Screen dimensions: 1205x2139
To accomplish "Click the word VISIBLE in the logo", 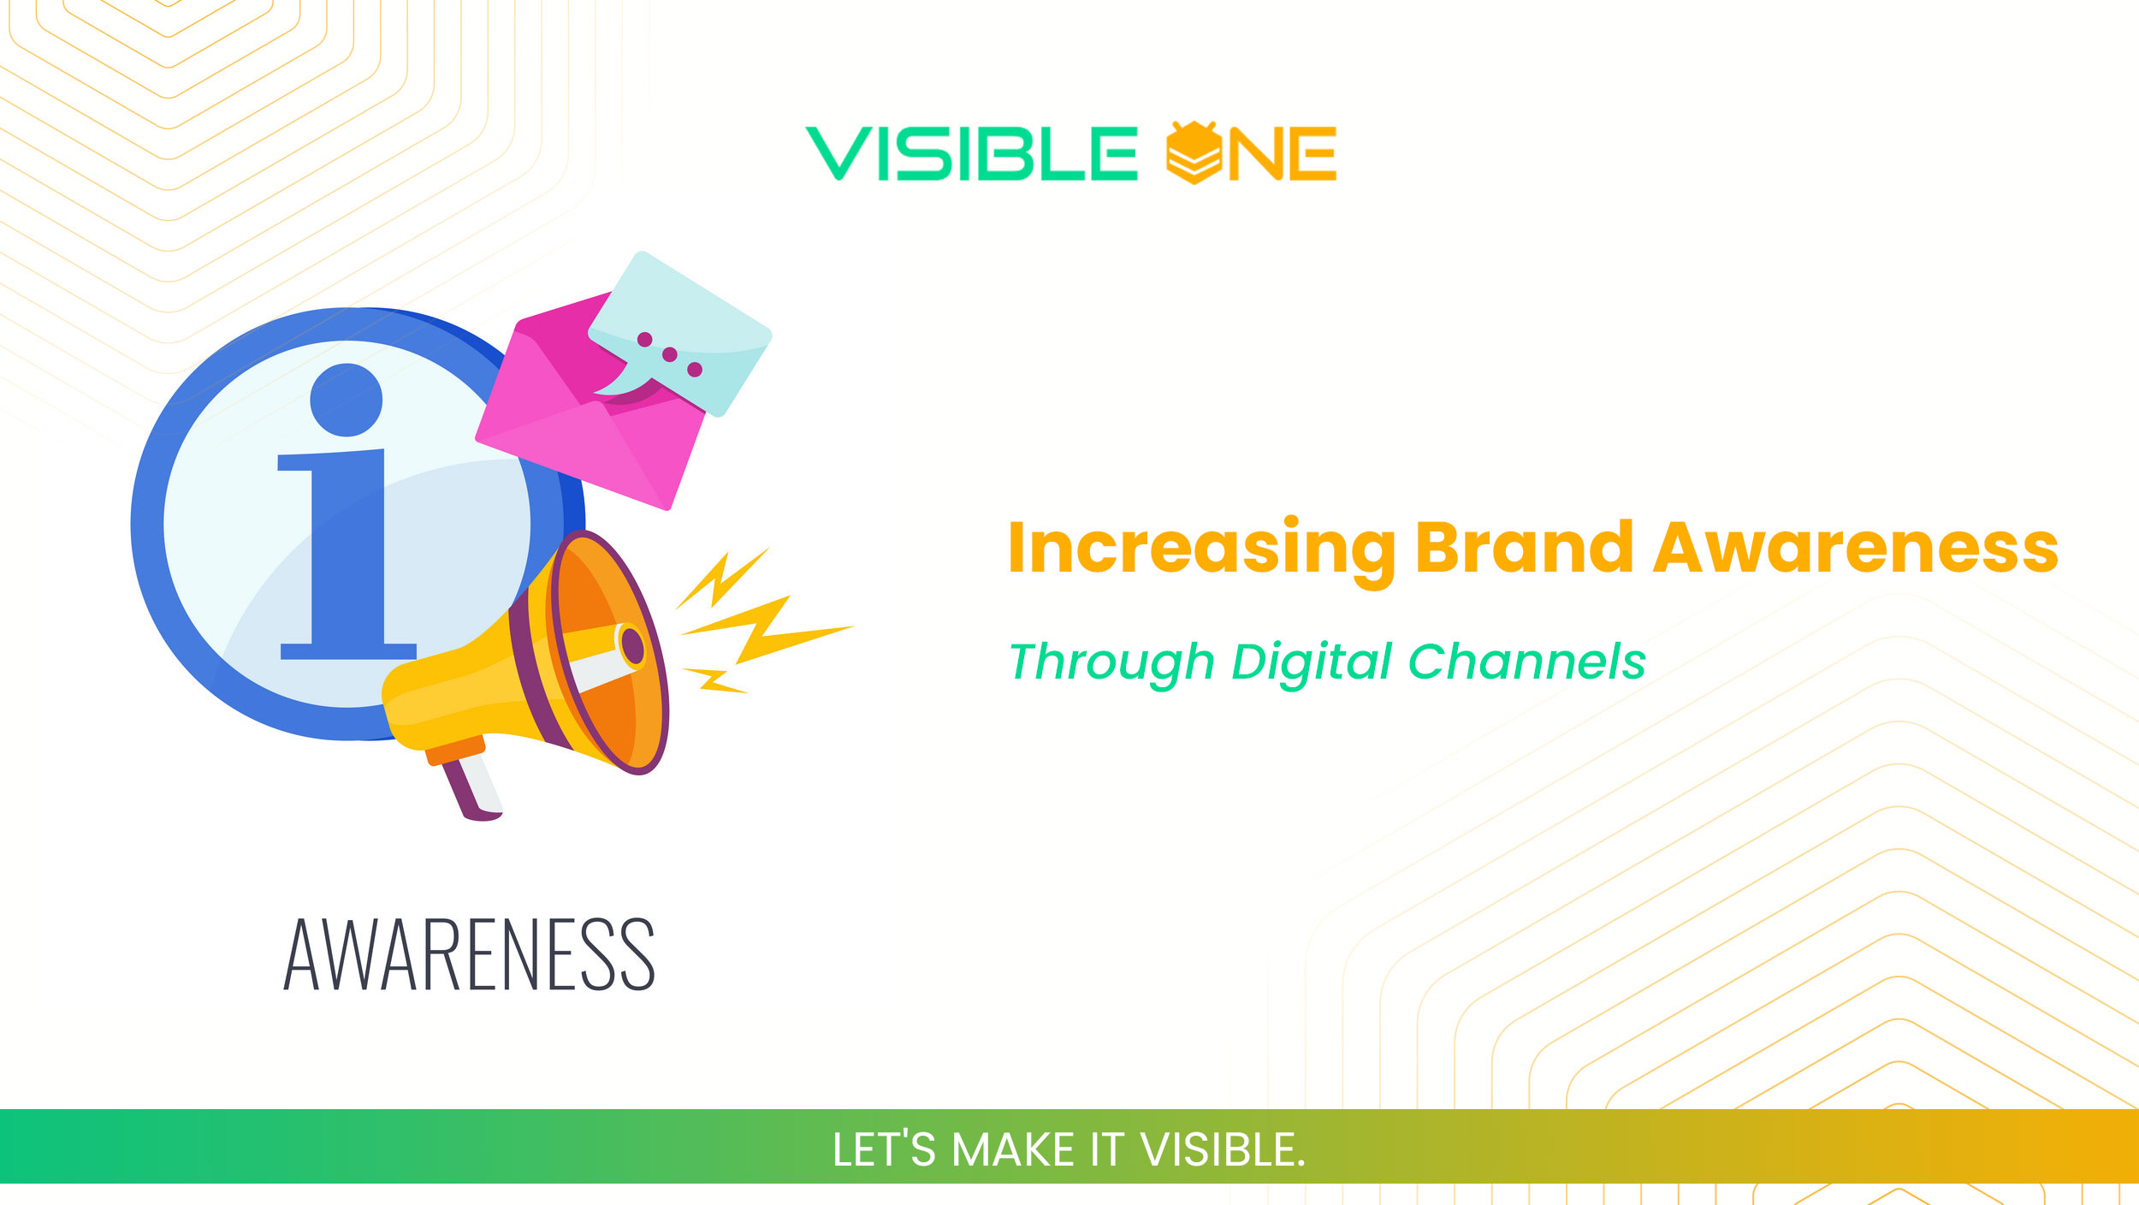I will click(971, 154).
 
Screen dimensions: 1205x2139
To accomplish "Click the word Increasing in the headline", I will click(1201, 549).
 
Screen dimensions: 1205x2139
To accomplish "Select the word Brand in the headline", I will click(1524, 547).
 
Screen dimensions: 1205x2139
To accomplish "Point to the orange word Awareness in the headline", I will click(1855, 548).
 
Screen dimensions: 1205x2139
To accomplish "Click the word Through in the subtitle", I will click(1111, 662).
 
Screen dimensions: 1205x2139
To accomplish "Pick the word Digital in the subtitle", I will click(1312, 662).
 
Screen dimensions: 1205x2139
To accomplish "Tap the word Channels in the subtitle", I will click(1526, 662).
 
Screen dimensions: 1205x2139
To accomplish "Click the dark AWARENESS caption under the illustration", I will click(469, 955).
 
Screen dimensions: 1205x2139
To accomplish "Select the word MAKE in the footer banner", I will click(1012, 1149).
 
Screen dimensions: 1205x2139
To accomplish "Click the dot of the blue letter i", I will click(346, 400).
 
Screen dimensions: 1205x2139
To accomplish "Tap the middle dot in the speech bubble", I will click(670, 354).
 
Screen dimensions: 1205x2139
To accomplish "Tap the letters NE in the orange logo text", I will click(1283, 154).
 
